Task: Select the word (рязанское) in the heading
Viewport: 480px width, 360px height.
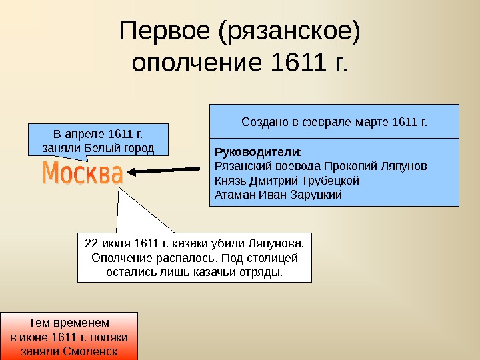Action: point(293,31)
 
